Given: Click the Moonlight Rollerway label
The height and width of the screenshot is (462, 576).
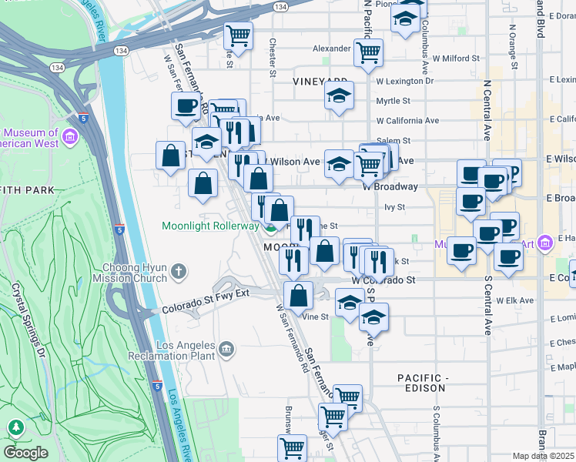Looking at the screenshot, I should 210,226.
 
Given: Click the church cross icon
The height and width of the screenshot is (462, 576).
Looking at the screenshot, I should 179,270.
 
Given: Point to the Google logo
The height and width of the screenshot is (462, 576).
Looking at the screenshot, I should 25,453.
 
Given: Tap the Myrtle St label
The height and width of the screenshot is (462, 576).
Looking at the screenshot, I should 393,101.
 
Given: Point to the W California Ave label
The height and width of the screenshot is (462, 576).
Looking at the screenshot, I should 407,121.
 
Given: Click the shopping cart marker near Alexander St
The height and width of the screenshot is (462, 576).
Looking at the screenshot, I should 369,52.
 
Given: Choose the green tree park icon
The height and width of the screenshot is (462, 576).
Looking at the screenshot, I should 15,427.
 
